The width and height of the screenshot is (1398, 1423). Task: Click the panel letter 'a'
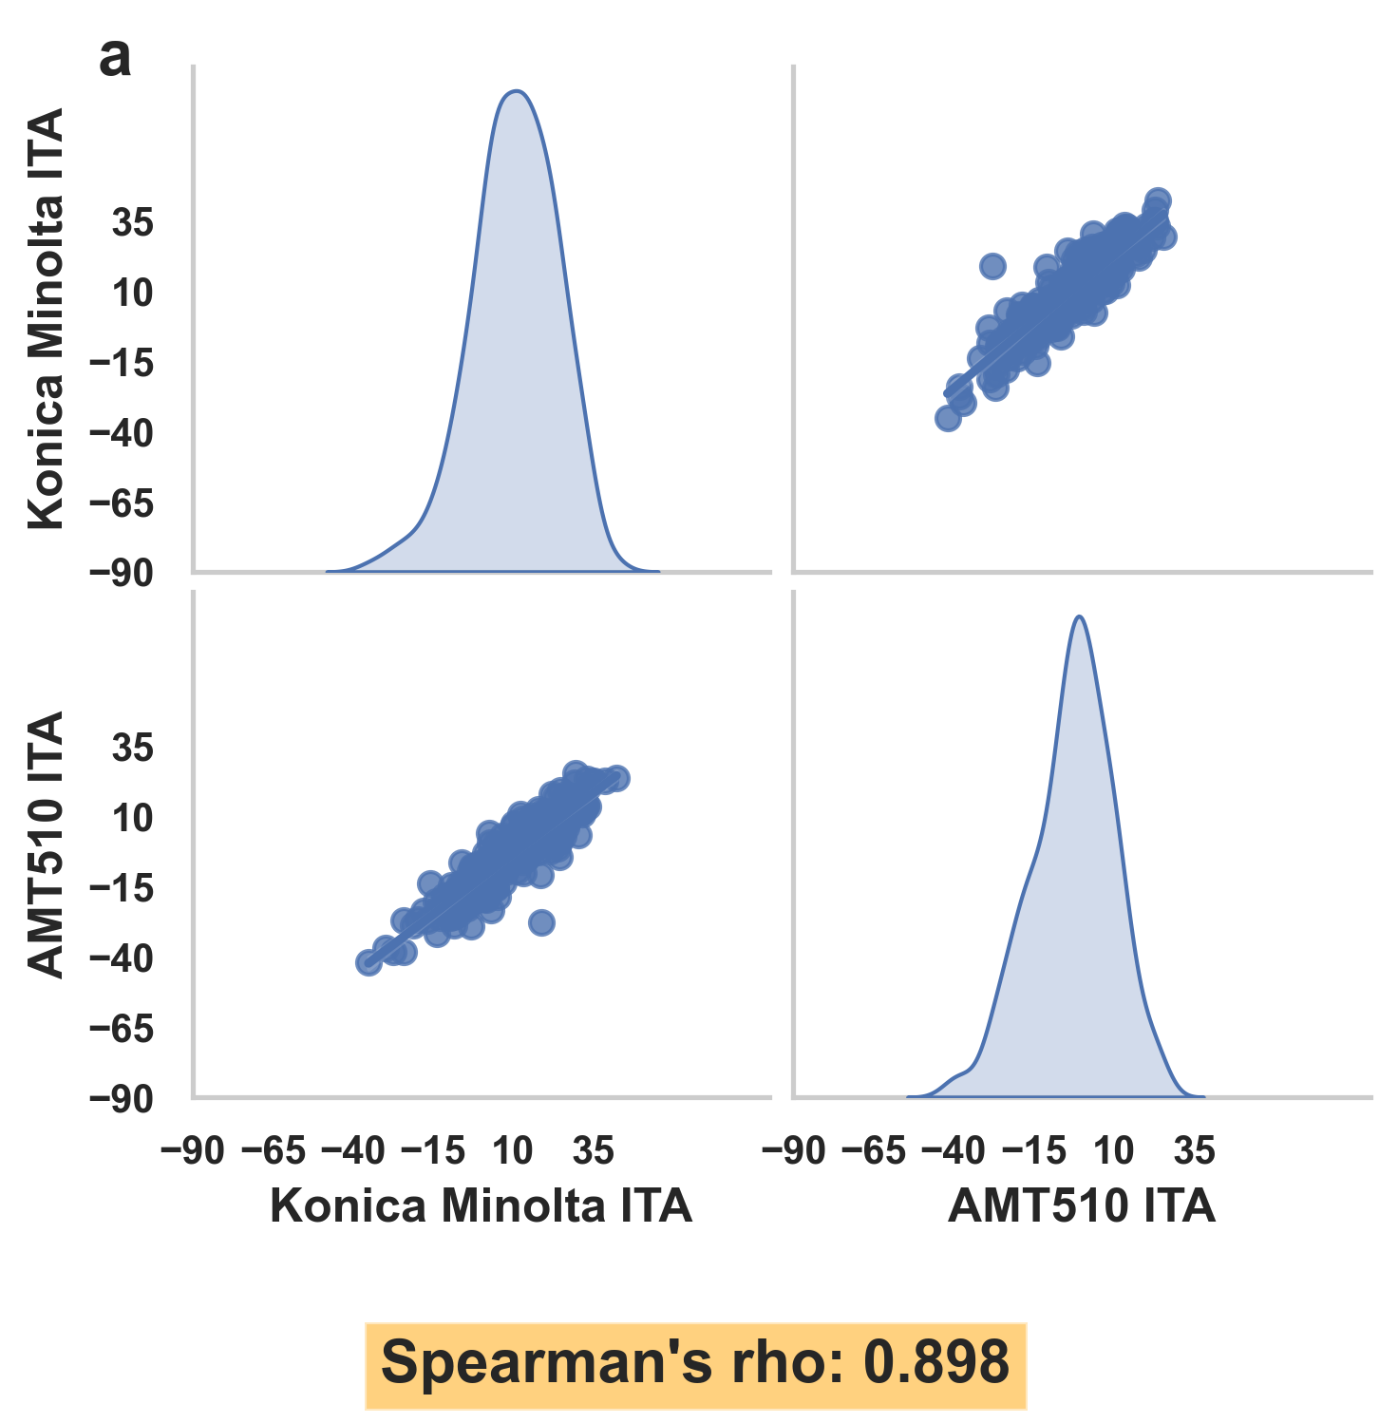pyautogui.click(x=115, y=59)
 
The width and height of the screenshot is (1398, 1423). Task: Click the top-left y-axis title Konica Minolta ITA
pyautogui.click(x=46, y=318)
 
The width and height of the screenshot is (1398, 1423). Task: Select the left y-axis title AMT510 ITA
pyautogui.click(x=46, y=844)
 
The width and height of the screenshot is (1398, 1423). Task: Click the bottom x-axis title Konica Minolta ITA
pyautogui.click(x=481, y=1205)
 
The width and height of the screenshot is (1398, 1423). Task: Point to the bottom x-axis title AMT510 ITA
pyautogui.click(x=1081, y=1205)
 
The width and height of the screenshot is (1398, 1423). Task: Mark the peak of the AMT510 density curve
pyautogui.click(x=1079, y=617)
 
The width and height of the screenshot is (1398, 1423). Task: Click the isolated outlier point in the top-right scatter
pyautogui.click(x=992, y=266)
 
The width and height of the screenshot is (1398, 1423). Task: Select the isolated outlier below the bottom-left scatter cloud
pyautogui.click(x=541, y=921)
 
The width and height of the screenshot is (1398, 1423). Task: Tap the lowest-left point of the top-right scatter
pyautogui.click(x=948, y=418)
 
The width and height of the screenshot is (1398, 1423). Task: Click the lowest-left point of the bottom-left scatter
pyautogui.click(x=368, y=962)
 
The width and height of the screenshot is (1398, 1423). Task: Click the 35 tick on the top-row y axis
pyautogui.click(x=133, y=224)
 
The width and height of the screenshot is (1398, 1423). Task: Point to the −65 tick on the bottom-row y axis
pyautogui.click(x=121, y=1029)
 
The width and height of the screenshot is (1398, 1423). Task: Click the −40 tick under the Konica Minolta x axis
pyautogui.click(x=353, y=1151)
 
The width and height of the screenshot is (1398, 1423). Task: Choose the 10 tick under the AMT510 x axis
pyautogui.click(x=1113, y=1151)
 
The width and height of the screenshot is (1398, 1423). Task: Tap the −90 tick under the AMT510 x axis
pyautogui.click(x=794, y=1151)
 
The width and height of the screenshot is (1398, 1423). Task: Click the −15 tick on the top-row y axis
pyautogui.click(x=121, y=364)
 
